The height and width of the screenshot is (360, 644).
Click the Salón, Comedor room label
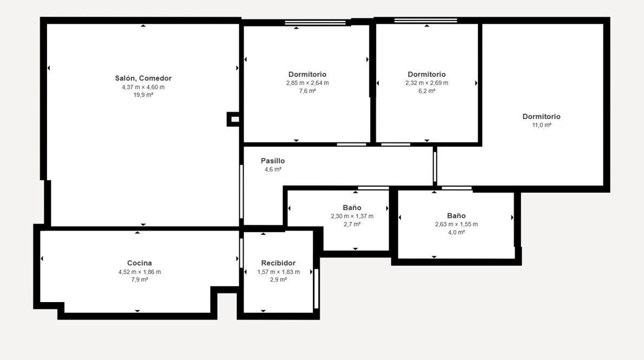tap(143, 78)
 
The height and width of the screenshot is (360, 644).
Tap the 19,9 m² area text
tap(143, 95)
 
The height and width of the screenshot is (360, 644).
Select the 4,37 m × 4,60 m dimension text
tap(143, 87)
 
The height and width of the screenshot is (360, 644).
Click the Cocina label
tap(139, 263)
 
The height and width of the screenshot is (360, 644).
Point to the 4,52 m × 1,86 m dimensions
tap(139, 272)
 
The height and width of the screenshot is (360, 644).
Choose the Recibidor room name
tap(278, 263)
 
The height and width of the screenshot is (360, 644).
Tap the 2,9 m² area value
tap(278, 279)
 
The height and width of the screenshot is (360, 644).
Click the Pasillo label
tap(273, 161)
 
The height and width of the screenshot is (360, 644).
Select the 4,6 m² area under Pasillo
tap(273, 169)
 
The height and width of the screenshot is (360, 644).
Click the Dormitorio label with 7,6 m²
tap(307, 74)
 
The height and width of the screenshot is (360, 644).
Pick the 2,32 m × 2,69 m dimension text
tap(427, 83)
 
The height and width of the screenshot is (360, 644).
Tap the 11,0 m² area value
tap(541, 125)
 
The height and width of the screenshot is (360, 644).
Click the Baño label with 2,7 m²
tap(352, 207)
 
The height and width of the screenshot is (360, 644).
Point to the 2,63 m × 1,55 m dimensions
tap(456, 224)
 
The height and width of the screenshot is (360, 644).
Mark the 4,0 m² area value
tap(456, 232)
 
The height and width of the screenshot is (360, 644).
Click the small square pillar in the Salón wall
tap(233, 119)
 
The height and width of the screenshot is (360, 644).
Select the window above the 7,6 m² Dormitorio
tap(316, 23)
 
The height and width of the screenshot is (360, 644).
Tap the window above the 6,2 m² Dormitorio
tap(426, 21)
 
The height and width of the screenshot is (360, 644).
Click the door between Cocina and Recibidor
tap(241, 253)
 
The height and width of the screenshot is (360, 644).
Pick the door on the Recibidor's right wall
tap(316, 289)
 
